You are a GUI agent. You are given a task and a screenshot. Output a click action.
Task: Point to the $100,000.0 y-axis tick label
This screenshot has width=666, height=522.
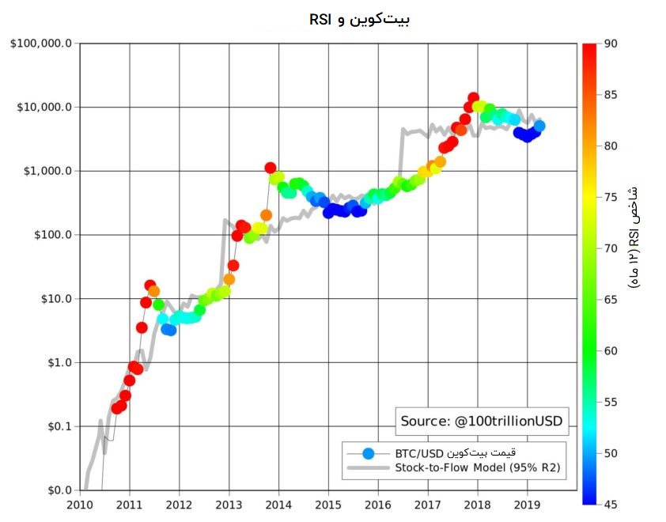coord(41,43)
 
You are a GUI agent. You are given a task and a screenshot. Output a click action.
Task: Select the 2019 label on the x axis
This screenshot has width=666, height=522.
coord(528,505)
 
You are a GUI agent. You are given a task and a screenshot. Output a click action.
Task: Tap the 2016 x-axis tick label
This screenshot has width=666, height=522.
coord(378,505)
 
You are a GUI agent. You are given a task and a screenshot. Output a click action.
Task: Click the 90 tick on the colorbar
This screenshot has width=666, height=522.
coord(610,43)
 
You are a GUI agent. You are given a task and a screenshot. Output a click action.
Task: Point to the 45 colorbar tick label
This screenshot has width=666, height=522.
coord(610,504)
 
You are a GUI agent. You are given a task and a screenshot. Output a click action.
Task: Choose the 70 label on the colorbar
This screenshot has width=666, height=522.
coord(610,248)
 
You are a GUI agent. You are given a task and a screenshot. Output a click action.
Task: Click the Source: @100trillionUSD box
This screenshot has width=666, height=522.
coord(481,422)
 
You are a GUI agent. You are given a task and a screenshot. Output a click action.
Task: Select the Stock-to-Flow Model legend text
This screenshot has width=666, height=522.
coord(477,467)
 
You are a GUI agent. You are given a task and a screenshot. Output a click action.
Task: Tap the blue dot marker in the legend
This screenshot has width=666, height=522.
coord(367,453)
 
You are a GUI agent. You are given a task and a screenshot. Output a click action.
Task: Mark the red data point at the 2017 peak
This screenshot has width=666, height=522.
coord(473,99)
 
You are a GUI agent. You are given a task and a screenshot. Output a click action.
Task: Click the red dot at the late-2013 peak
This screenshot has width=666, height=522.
coord(271,168)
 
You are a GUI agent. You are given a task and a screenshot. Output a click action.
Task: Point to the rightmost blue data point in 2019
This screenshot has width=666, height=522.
coord(539,126)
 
